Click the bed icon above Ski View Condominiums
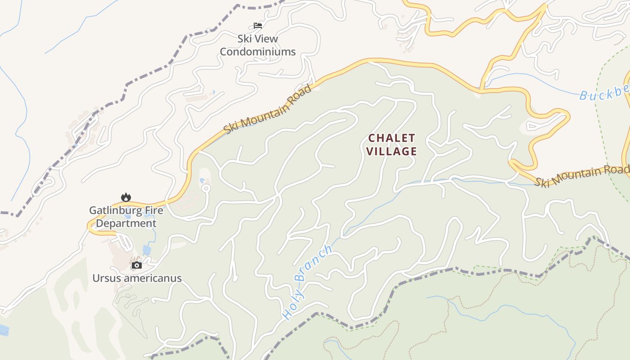pos(258,26)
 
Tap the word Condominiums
pos(258,52)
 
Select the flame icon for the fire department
pos(126,197)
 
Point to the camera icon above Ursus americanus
pos(137,265)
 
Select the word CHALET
pos(392,138)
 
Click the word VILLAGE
pos(392,151)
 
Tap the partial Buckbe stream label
pos(603,94)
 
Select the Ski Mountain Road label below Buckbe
pos(582,175)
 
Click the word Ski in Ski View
pos(246,39)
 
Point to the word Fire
pos(153,210)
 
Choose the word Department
pos(126,223)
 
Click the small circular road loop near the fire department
pos(206,188)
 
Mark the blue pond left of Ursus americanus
pos(4,330)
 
